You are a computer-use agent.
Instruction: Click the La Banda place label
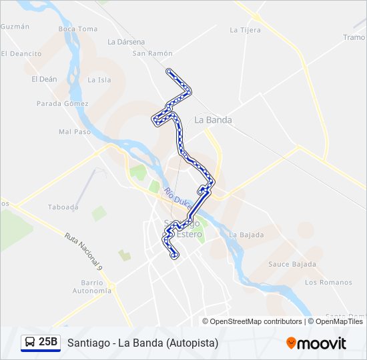(x=213, y=120)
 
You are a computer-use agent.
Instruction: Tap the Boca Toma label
(x=77, y=29)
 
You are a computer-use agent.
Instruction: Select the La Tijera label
(x=244, y=30)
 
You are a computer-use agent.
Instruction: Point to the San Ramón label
(x=152, y=53)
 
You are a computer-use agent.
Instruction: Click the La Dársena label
(x=125, y=41)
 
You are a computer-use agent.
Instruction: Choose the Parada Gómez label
(x=62, y=104)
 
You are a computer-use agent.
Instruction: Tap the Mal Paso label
(x=74, y=132)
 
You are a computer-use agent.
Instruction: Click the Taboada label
(x=63, y=207)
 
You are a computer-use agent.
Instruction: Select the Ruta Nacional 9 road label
(x=84, y=251)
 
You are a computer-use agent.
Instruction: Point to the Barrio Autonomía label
(x=92, y=287)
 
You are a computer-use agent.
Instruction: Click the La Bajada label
(x=246, y=235)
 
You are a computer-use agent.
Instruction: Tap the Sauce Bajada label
(x=292, y=264)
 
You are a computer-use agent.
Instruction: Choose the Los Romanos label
(x=328, y=283)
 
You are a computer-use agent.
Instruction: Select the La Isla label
(x=99, y=80)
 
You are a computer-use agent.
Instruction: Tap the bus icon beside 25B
(x=30, y=343)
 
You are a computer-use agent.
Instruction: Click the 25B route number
(x=48, y=343)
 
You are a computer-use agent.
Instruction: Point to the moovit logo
(x=316, y=343)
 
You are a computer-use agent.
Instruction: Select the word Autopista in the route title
(x=193, y=343)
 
